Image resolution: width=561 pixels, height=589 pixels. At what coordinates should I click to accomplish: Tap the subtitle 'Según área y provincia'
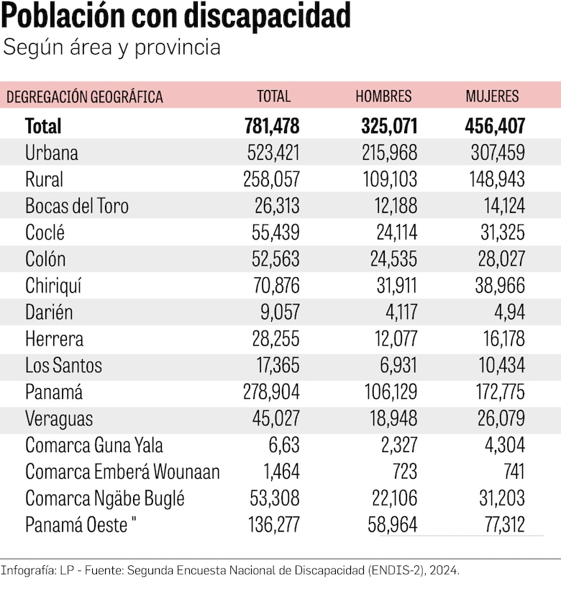pyautogui.click(x=112, y=48)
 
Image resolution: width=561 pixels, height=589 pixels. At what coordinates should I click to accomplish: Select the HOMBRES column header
pyautogui.click(x=383, y=96)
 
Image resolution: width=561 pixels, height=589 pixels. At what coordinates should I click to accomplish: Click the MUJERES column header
pyautogui.click(x=492, y=96)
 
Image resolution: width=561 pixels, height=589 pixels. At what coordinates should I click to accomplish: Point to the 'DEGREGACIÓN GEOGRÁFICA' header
pyautogui.click(x=85, y=96)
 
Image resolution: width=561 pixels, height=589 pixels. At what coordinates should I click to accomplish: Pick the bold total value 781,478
pyautogui.click(x=272, y=126)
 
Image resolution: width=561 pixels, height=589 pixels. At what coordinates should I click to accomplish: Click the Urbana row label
pyautogui.click(x=52, y=153)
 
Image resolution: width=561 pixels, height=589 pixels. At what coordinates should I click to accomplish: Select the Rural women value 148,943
pyautogui.click(x=495, y=179)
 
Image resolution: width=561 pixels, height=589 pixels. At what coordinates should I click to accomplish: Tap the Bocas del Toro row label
pyautogui.click(x=77, y=206)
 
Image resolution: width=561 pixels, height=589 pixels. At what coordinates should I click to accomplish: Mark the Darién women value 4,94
pyautogui.click(x=508, y=313)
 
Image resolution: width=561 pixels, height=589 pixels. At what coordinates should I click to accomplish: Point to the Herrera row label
pyautogui.click(x=54, y=339)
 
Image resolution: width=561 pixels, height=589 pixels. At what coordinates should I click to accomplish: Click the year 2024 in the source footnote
pyautogui.click(x=444, y=570)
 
